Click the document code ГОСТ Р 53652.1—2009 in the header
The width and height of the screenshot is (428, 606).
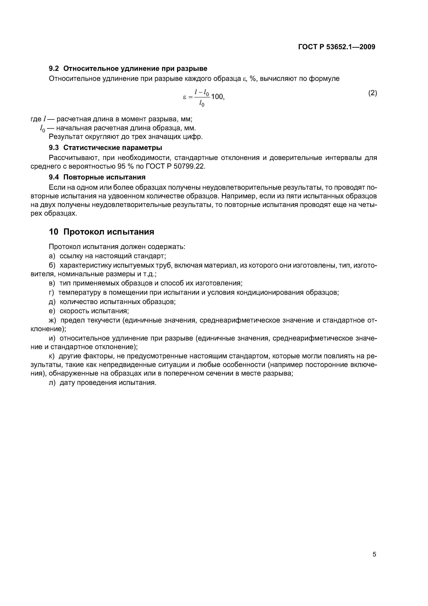click(x=337, y=47)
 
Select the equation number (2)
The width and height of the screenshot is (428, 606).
click(x=373, y=93)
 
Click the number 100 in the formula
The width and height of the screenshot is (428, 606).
click(x=217, y=97)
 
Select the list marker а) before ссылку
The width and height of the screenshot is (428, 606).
click(x=52, y=256)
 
